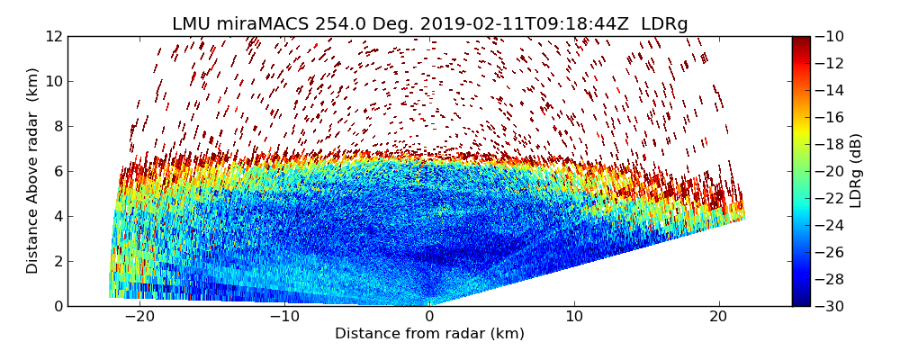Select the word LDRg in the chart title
[x=664, y=24]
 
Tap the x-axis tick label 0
[x=429, y=317]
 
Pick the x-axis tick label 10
[x=574, y=317]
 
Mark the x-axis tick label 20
[x=719, y=317]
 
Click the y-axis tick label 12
[x=53, y=37]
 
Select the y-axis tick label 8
[x=57, y=127]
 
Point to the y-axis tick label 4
[x=57, y=217]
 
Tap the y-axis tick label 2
[x=57, y=262]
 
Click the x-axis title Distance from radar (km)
[x=429, y=334]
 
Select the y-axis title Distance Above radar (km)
[x=33, y=171]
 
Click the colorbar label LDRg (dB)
[x=857, y=171]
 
